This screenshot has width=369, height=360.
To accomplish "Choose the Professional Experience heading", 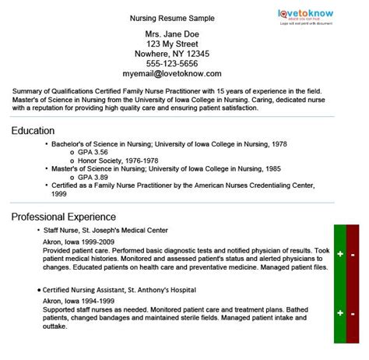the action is click(64, 216).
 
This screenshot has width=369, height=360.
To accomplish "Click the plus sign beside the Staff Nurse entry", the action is click(340, 255).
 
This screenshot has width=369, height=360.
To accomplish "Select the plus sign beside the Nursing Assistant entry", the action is click(340, 312).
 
